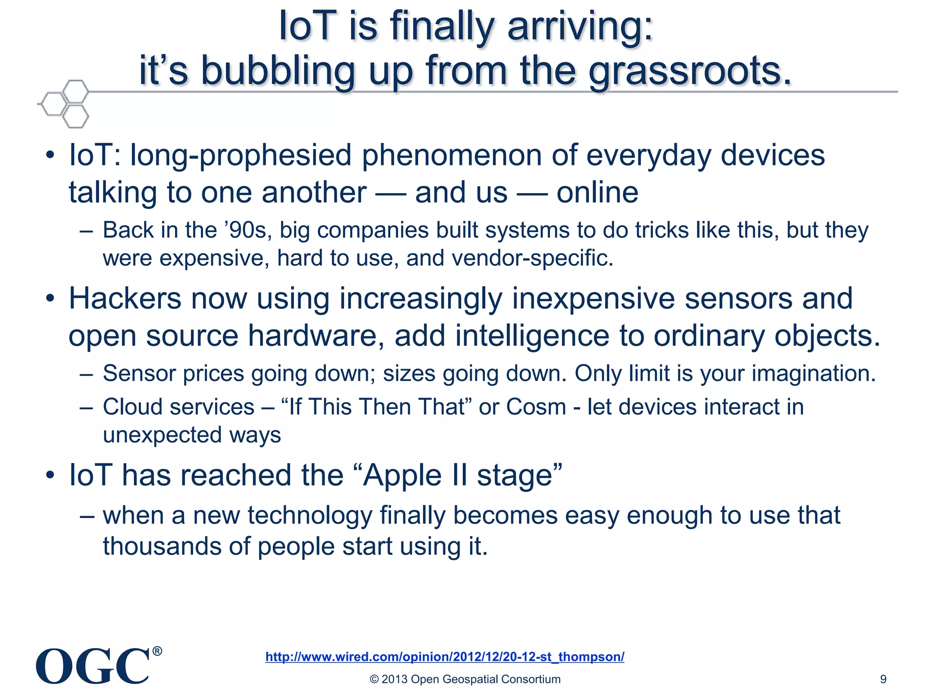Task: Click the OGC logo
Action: point(93,666)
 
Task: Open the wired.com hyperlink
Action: point(445,657)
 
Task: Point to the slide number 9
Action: point(883,679)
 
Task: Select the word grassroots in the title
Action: point(690,71)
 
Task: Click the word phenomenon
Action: point(451,155)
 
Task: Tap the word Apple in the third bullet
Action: point(402,476)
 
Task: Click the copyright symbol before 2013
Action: point(375,679)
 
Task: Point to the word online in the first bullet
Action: point(597,193)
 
